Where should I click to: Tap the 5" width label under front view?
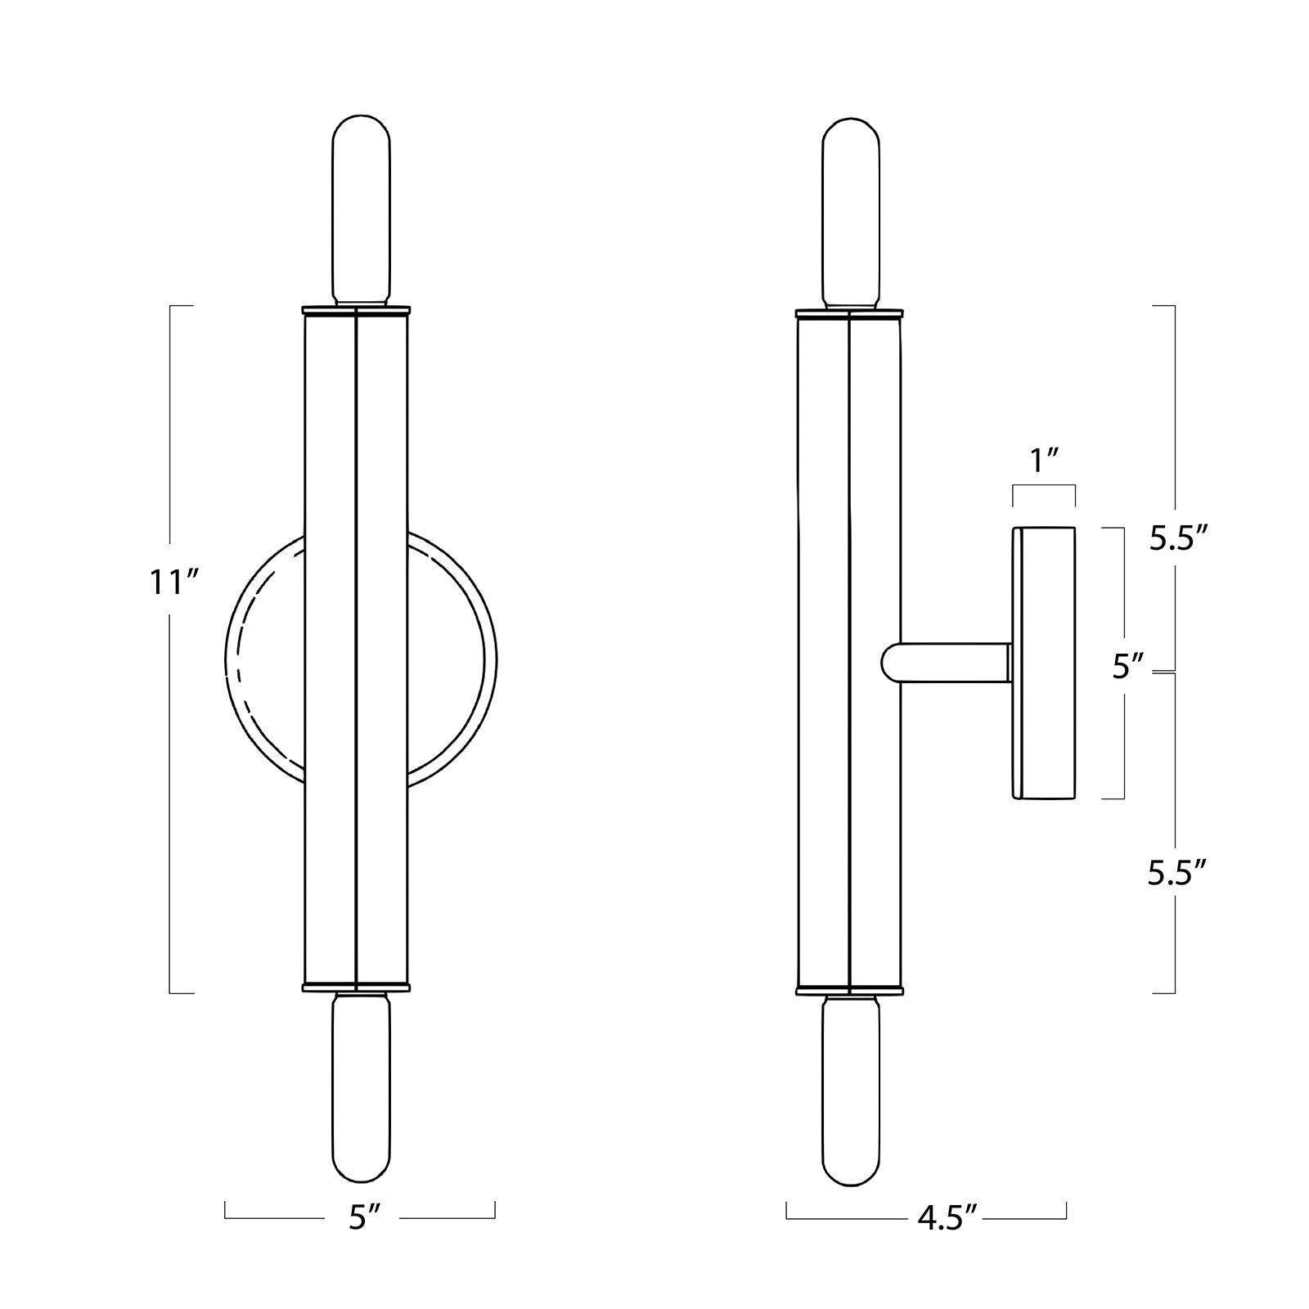point(361,1219)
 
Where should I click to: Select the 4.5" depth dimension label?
point(947,1218)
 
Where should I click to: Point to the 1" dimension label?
point(1044,462)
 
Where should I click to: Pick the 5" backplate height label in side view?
point(1127,668)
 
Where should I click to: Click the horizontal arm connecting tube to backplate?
point(953,662)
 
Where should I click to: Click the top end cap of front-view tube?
point(356,311)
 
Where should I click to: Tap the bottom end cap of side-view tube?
point(850,989)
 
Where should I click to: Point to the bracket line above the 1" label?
point(1044,486)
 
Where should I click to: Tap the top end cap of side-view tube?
point(850,312)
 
